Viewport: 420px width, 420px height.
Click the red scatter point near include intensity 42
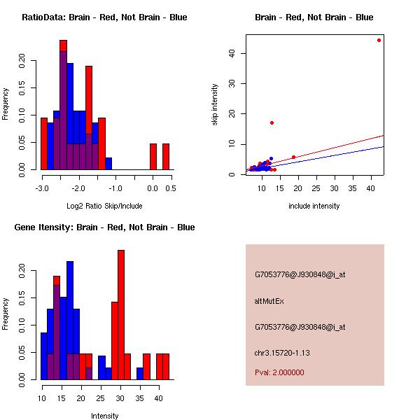point(379,40)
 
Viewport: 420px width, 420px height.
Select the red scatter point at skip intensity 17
point(272,122)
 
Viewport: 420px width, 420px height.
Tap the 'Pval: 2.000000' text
point(279,372)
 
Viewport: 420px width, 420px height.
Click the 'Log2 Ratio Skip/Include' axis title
point(104,206)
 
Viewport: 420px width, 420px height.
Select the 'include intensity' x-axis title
point(314,206)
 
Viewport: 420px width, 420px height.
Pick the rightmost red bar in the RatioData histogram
point(166,156)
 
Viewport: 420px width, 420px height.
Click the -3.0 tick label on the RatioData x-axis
point(41,188)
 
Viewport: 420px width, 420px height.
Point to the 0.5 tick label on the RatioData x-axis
point(170,188)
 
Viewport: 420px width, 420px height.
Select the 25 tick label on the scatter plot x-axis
point(316,188)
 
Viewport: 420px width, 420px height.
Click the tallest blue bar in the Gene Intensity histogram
point(70,320)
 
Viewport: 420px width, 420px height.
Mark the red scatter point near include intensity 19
point(293,157)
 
